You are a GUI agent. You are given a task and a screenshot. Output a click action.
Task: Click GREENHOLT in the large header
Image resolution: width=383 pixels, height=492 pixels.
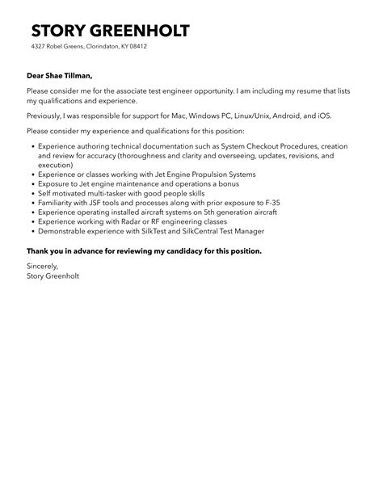[142, 32]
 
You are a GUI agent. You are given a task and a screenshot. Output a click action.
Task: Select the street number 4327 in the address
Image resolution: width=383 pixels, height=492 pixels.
[40, 47]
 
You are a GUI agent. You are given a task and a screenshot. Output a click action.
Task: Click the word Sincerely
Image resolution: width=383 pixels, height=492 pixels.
[42, 266]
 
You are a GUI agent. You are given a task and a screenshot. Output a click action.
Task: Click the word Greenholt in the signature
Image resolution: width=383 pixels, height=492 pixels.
[61, 275]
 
